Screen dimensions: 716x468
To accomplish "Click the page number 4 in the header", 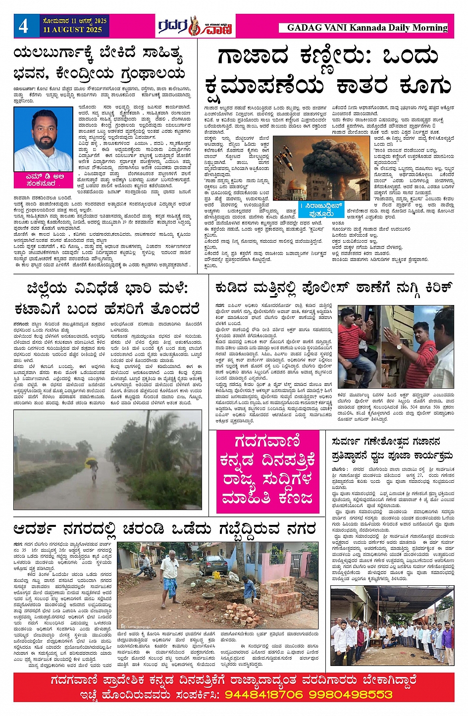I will pyautogui.click(x=24, y=26).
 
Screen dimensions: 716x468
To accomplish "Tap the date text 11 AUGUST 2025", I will pyautogui.click(x=72, y=30).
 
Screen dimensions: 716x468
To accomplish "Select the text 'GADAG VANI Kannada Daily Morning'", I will pyautogui.click(x=367, y=28).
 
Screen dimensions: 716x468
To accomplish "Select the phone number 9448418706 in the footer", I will pyautogui.click(x=264, y=694).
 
